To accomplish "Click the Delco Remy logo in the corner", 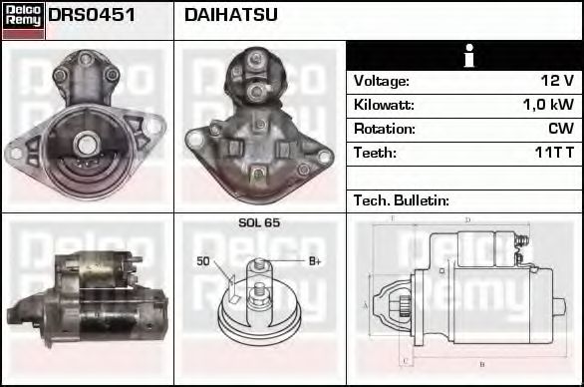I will pyautogui.click(x=23, y=19).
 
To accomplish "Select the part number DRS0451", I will pyautogui.click(x=92, y=16).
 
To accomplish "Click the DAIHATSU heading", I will pyautogui.click(x=231, y=16).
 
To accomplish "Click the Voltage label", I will pyautogui.click(x=381, y=81).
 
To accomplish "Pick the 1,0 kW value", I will pyautogui.click(x=548, y=105).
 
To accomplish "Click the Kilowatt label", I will pyautogui.click(x=384, y=105).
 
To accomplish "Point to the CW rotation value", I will pyautogui.click(x=560, y=129).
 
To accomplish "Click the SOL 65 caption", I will pyautogui.click(x=259, y=223).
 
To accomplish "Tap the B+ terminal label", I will pyautogui.click(x=314, y=261).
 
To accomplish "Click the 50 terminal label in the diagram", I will pyautogui.click(x=202, y=261).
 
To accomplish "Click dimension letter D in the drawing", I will pyautogui.click(x=467, y=220).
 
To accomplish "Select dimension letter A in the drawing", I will pyautogui.click(x=366, y=303).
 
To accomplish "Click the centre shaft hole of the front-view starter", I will pyautogui.click(x=87, y=145).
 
